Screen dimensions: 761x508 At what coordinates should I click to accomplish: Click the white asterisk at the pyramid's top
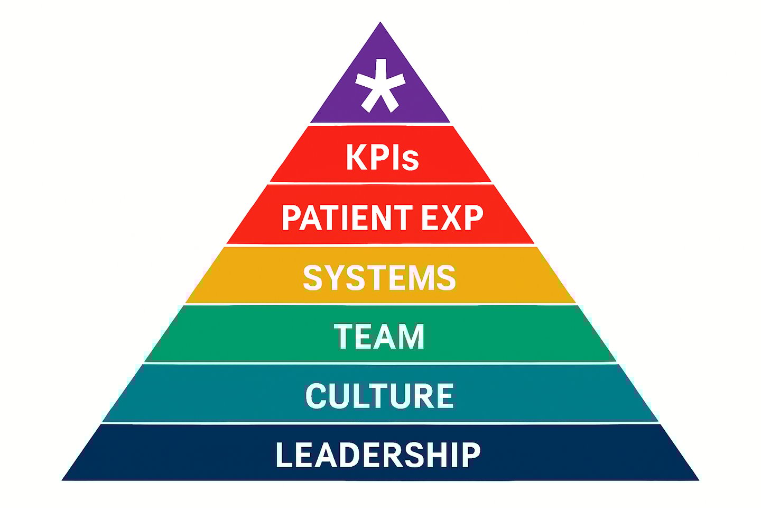[380, 86]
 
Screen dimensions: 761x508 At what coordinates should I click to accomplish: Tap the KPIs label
[382, 157]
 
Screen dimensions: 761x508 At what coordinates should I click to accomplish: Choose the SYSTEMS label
[379, 278]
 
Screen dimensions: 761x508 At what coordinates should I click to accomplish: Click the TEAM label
[379, 337]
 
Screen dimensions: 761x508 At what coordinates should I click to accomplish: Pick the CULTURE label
[379, 396]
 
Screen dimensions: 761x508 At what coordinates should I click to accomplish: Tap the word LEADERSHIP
[378, 455]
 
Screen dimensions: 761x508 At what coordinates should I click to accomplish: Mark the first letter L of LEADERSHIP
[283, 455]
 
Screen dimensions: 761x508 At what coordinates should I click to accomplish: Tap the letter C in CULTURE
[315, 396]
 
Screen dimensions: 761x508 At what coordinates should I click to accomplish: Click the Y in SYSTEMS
[334, 278]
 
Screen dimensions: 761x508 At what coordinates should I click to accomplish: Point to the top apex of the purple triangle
[380, 24]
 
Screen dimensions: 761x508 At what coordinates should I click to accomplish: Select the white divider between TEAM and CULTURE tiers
[379, 363]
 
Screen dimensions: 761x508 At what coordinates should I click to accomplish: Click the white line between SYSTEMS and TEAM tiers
[379, 304]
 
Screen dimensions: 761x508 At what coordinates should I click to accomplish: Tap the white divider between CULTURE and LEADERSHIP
[379, 423]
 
